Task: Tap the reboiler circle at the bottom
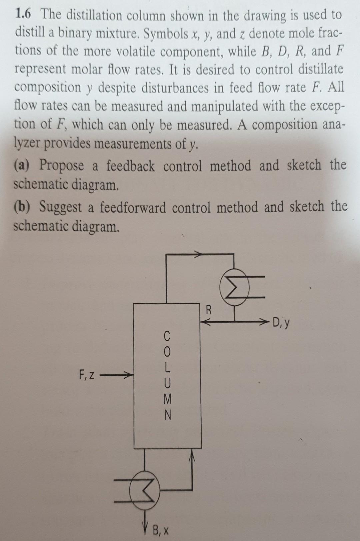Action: click(x=144, y=490)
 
